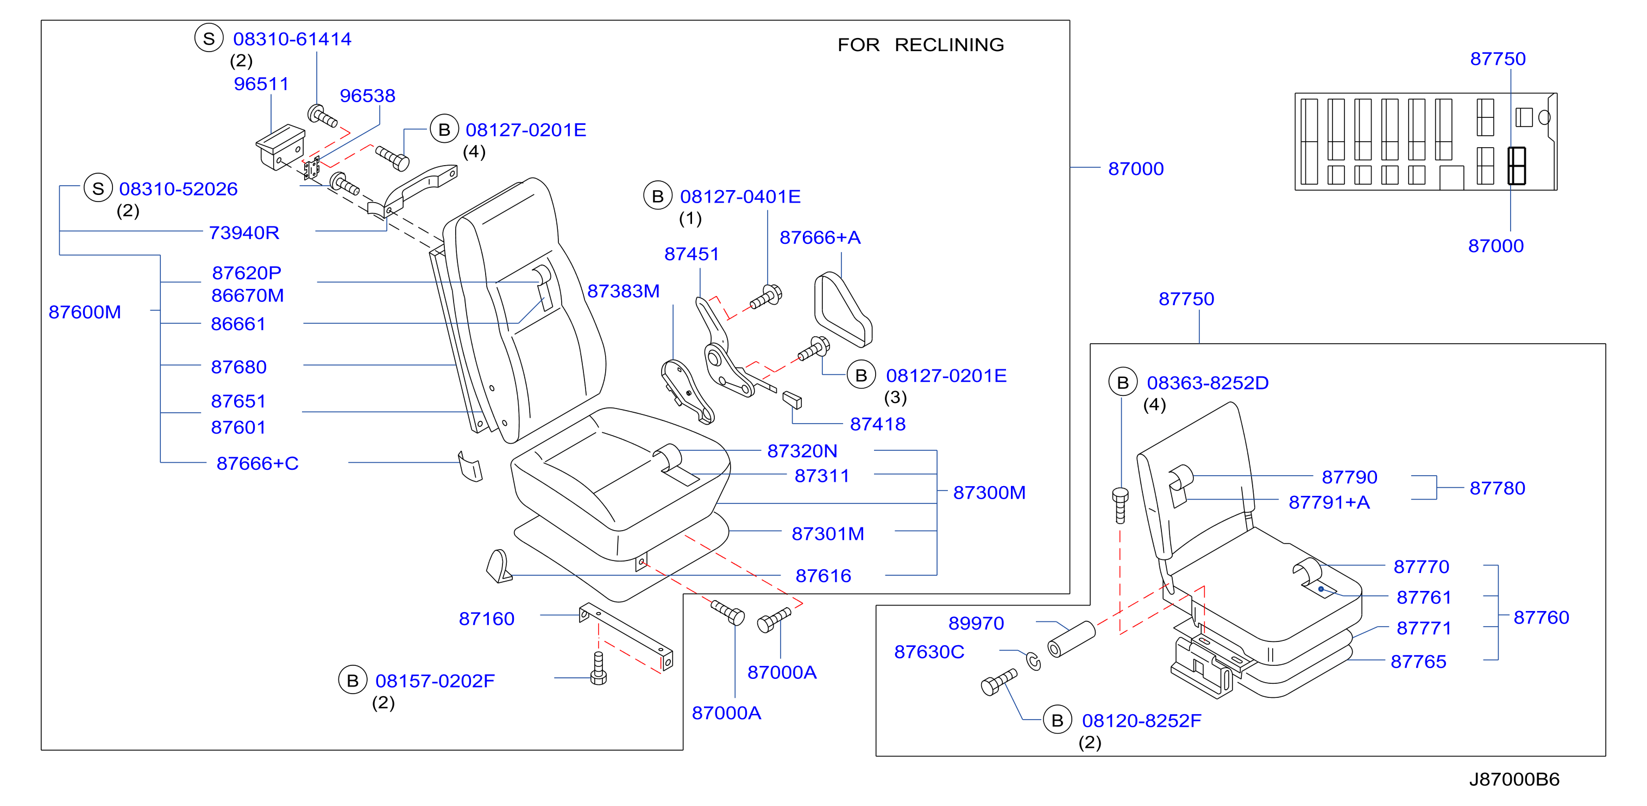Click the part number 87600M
click(85, 312)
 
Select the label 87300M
click(989, 492)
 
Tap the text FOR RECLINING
click(921, 45)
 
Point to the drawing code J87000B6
click(1514, 779)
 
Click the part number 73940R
click(244, 232)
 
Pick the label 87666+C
click(257, 463)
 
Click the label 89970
click(976, 623)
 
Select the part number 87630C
click(929, 652)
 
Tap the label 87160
click(487, 619)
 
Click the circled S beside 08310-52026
click(98, 188)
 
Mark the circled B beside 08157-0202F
click(353, 680)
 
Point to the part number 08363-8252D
click(1208, 383)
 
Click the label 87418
click(878, 424)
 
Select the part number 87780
click(1498, 488)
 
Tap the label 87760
click(1542, 618)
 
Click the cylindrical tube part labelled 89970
click(1072, 639)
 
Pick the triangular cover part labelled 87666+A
click(843, 310)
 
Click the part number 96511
click(261, 84)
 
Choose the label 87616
click(823, 576)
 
